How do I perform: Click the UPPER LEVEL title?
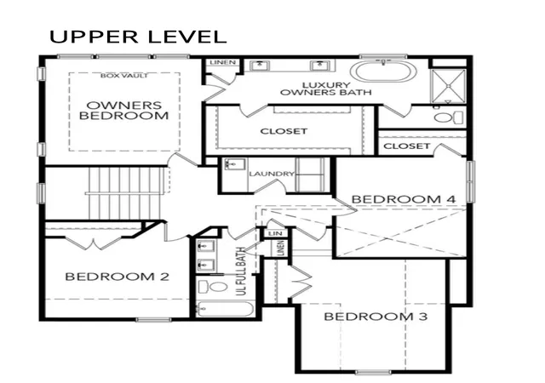tap(138, 37)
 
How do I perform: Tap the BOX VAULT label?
tap(124, 76)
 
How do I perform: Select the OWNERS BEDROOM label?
tap(124, 111)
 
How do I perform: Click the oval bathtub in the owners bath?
tap(383, 71)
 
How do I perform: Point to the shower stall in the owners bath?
tap(448, 86)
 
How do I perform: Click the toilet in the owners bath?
tap(449, 117)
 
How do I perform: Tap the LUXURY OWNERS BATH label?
tap(325, 89)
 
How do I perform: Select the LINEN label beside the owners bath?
tap(223, 63)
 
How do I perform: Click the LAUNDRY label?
tap(272, 174)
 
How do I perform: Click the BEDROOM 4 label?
tap(404, 199)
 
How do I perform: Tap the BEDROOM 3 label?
tap(376, 317)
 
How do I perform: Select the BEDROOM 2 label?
tap(118, 277)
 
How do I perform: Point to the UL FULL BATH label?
tap(240, 272)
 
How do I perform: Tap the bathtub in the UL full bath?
tap(225, 309)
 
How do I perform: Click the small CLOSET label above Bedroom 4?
tap(407, 146)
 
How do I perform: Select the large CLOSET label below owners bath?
tap(284, 131)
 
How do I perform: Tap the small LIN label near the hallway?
tap(276, 233)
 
